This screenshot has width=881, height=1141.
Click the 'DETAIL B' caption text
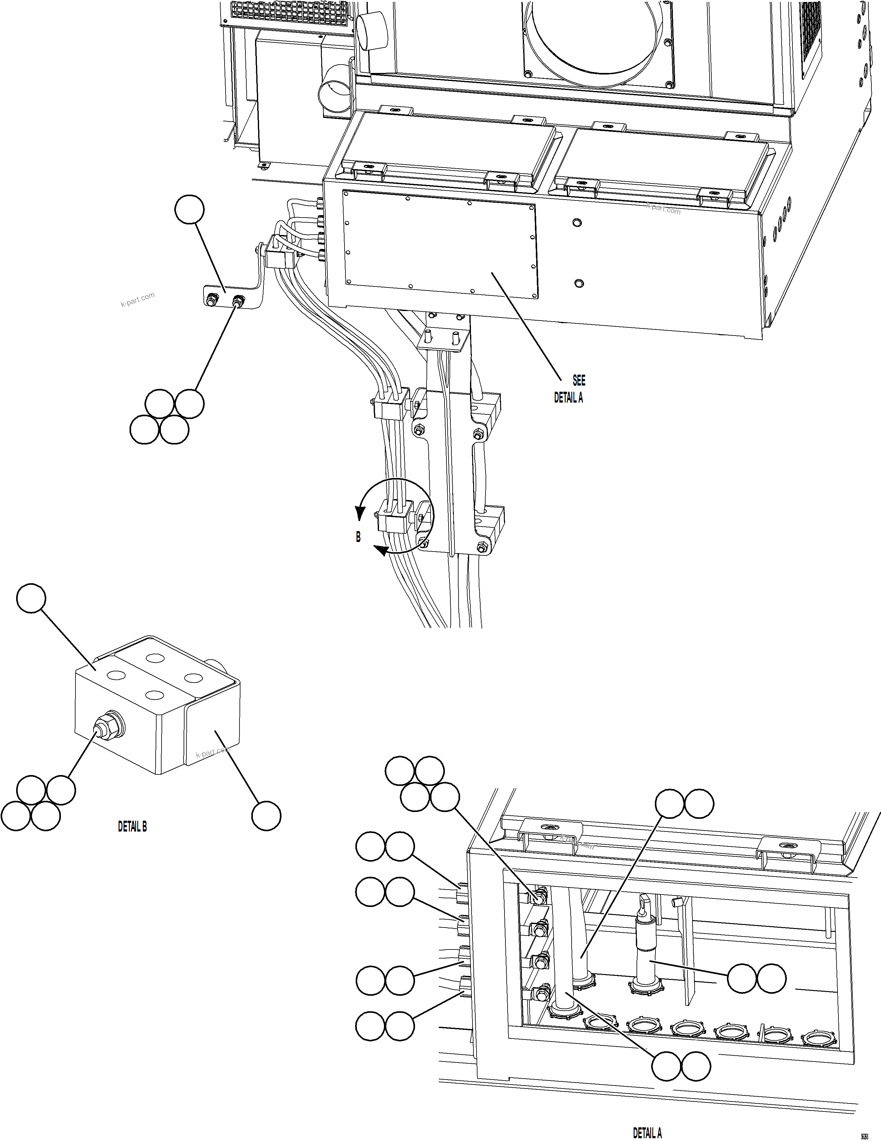pos(132,827)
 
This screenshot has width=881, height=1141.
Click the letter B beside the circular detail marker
pos(358,537)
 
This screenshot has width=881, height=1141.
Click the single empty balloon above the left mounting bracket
pos(189,210)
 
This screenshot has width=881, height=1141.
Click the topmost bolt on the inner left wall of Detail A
pos(539,898)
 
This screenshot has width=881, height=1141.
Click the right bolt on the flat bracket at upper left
pos(239,301)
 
